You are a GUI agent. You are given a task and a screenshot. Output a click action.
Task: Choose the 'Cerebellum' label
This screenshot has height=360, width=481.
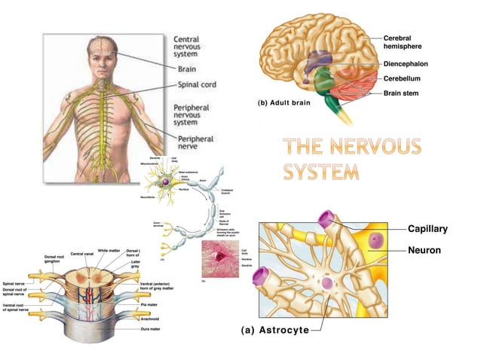(411, 78)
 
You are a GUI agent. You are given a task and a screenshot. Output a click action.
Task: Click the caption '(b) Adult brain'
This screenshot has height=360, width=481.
(288, 101)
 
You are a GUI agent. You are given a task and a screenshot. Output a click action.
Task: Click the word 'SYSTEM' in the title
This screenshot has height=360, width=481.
(320, 172)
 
